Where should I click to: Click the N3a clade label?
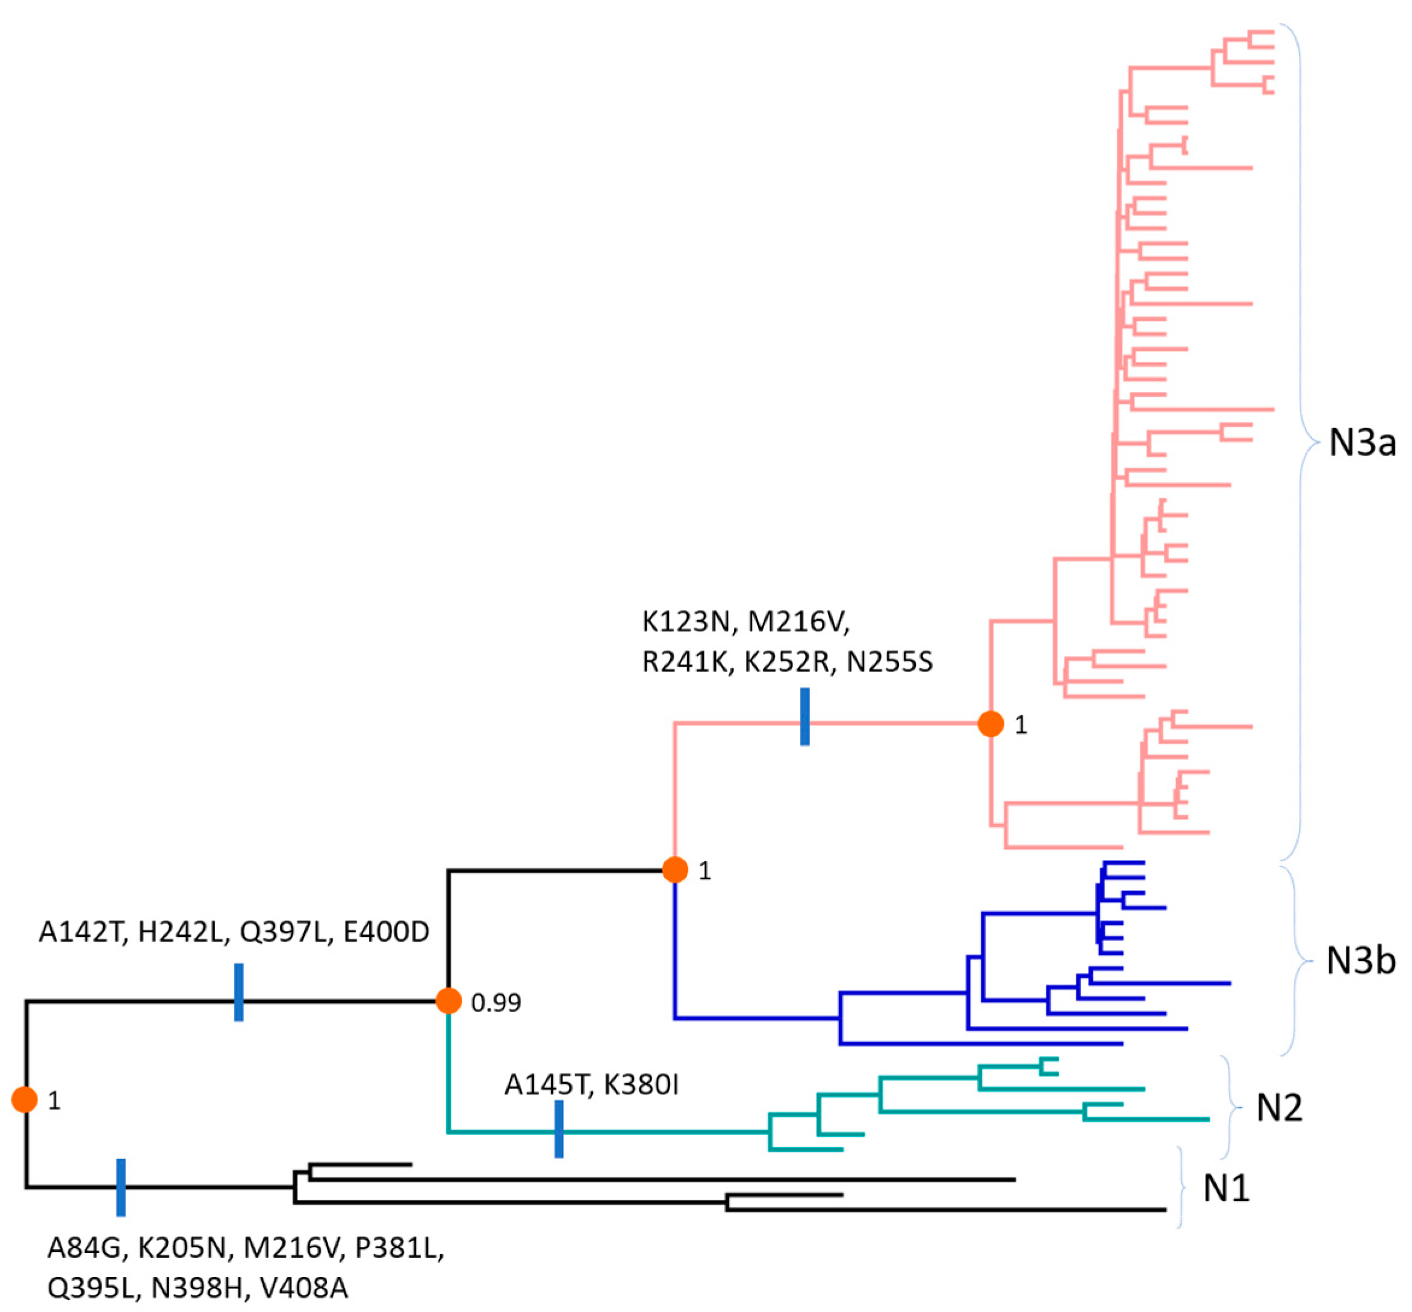coord(1361,443)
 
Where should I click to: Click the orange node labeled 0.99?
coord(449,1001)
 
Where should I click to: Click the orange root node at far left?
coord(24,1099)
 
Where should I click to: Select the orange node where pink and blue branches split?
coord(674,869)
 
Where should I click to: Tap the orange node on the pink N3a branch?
coord(991,724)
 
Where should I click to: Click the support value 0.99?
coord(496,1003)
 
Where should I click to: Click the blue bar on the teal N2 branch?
coord(559,1129)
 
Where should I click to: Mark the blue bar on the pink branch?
coord(804,717)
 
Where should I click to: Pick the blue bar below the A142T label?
coord(238,992)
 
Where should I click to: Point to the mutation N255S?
coord(889,662)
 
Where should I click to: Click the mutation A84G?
coord(85,1248)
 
